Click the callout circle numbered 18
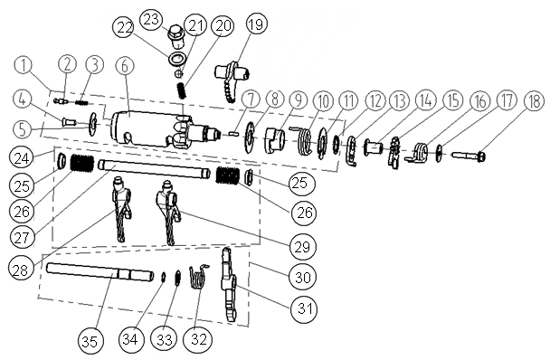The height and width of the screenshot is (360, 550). tap(534, 102)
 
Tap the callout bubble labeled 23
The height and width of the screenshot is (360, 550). tap(151, 19)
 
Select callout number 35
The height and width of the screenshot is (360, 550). tap(90, 341)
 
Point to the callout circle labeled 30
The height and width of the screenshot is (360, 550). tap(302, 277)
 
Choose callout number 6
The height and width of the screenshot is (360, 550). tap(126, 66)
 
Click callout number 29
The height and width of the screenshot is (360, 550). tap(302, 246)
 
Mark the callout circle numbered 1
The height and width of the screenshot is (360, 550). tap(24, 66)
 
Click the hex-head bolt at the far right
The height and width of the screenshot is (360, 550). tap(468, 155)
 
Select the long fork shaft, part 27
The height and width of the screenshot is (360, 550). tap(155, 169)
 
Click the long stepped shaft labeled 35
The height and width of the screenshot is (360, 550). tap(100, 272)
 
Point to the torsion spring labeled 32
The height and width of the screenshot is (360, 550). tap(198, 277)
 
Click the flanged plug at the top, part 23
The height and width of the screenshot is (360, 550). tap(175, 36)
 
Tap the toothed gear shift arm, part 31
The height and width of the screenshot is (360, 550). tap(228, 284)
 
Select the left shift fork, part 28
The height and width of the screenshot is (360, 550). tap(120, 210)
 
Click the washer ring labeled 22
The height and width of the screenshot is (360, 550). tap(176, 59)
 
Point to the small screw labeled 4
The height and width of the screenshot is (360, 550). tap(70, 122)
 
